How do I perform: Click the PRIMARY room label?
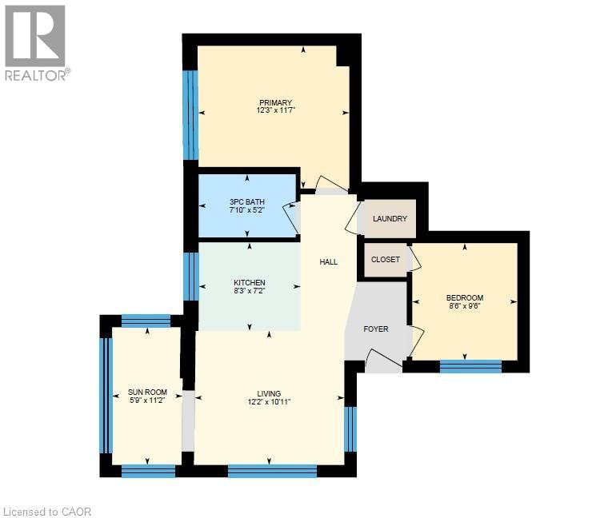pyautogui.click(x=274, y=102)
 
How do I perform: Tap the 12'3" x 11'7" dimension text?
pyautogui.click(x=274, y=110)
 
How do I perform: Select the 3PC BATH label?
pyautogui.click(x=247, y=201)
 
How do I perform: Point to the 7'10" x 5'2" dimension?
pyautogui.click(x=247, y=210)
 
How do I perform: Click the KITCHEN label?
pyautogui.click(x=249, y=283)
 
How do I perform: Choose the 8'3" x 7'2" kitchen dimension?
pyautogui.click(x=249, y=292)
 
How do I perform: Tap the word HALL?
pyautogui.click(x=329, y=261)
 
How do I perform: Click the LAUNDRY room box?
pyautogui.click(x=390, y=219)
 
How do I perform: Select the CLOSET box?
pyautogui.click(x=386, y=260)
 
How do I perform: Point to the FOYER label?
pyautogui.click(x=376, y=329)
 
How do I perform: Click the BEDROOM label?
pyautogui.click(x=465, y=299)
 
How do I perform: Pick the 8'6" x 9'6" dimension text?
pyautogui.click(x=465, y=308)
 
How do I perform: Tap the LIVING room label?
pyautogui.click(x=269, y=393)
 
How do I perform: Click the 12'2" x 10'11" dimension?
pyautogui.click(x=269, y=402)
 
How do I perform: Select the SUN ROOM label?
pyautogui.click(x=147, y=392)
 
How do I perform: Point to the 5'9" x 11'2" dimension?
pyautogui.click(x=147, y=400)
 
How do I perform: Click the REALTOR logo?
pyautogui.click(x=36, y=44)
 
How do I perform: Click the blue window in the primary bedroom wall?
pyautogui.click(x=190, y=115)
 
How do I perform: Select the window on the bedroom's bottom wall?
pyautogui.click(x=470, y=366)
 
